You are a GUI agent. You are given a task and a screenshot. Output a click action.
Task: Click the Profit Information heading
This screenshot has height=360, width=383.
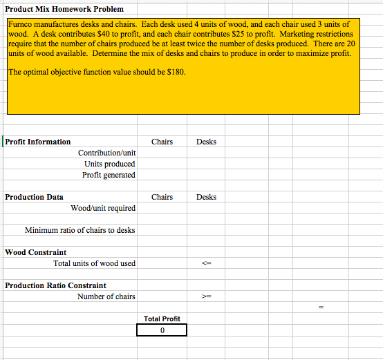pyautogui.click(x=38, y=142)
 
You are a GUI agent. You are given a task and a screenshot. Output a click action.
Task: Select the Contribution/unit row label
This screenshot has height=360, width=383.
pyautogui.click(x=106, y=153)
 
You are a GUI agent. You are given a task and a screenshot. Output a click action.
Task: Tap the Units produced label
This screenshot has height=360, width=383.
pyautogui.click(x=109, y=164)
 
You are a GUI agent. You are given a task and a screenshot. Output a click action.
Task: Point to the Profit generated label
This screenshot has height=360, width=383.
pyautogui.click(x=109, y=175)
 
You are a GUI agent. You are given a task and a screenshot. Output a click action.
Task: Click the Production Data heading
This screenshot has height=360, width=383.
pyautogui.click(x=34, y=197)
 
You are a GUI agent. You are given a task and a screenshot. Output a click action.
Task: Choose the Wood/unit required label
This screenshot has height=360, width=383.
pyautogui.click(x=103, y=208)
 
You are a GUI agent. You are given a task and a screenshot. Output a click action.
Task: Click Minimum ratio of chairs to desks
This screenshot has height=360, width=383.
pyautogui.click(x=80, y=230)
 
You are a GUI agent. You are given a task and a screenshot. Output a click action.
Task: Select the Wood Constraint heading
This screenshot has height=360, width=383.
pyautogui.click(x=36, y=252)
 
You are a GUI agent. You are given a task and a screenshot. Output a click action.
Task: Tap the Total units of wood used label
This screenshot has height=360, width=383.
pyautogui.click(x=94, y=263)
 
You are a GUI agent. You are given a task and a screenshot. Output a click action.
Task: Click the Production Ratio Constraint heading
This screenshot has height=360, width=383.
pyautogui.click(x=55, y=285)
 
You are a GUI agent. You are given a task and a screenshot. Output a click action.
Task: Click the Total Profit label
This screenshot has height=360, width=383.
pyautogui.click(x=162, y=319)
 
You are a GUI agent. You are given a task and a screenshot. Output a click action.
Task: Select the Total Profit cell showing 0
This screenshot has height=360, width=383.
pyautogui.click(x=162, y=330)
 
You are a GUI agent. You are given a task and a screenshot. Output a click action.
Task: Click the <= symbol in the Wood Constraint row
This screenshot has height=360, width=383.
pyautogui.click(x=206, y=263)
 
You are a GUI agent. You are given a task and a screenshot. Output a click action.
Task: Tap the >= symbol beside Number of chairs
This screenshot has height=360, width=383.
pyautogui.click(x=206, y=296)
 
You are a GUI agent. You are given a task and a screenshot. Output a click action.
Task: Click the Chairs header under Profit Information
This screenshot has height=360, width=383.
pyautogui.click(x=162, y=142)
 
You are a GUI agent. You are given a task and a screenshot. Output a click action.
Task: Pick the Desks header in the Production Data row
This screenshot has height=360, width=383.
pyautogui.click(x=206, y=197)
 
